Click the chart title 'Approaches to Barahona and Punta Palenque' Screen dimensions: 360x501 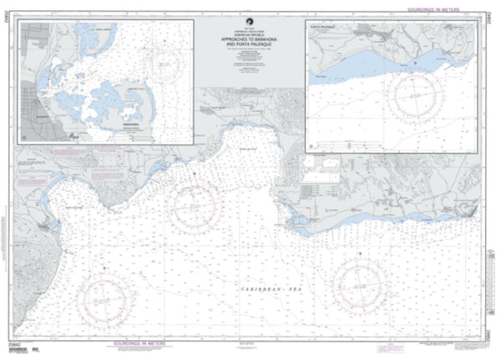250,42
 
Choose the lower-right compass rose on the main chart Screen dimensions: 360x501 362,286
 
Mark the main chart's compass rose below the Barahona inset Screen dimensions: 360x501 194,205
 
